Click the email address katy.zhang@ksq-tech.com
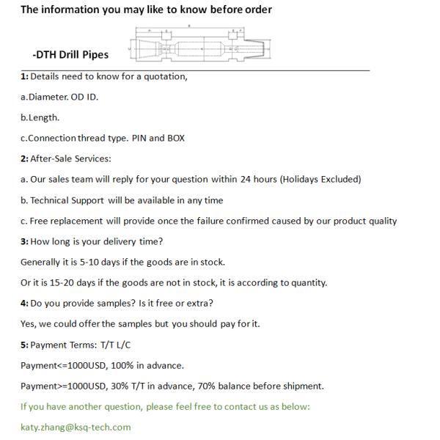click(x=76, y=427)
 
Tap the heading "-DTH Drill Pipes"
click(x=70, y=54)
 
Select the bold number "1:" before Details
click(x=24, y=76)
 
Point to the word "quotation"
click(x=165, y=76)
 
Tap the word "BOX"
click(x=176, y=138)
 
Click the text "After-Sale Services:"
click(x=70, y=158)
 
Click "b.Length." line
click(x=40, y=117)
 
